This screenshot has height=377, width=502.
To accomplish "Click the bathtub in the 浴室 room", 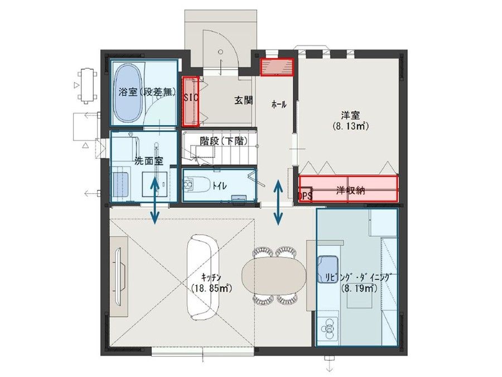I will (129, 94).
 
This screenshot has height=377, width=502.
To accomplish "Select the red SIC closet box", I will (191, 102).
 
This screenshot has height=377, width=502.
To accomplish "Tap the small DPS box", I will (305, 195).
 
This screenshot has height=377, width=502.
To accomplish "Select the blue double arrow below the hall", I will (278, 202).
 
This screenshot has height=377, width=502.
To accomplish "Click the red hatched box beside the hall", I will (277, 66).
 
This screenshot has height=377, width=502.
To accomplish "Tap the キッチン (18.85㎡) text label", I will (213, 283).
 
